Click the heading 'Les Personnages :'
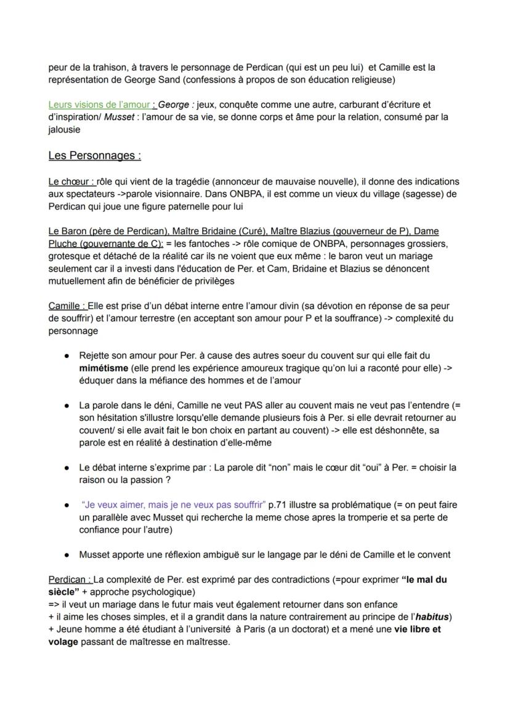94,155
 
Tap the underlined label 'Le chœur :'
71,182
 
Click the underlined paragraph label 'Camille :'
67,306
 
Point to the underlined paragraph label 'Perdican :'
70,580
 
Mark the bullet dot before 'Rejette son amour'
66,355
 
